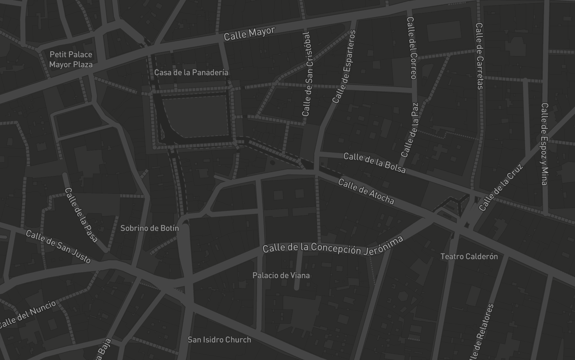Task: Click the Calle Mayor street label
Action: pyautogui.click(x=249, y=34)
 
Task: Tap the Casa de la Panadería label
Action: pyautogui.click(x=191, y=72)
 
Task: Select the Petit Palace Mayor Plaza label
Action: pyautogui.click(x=71, y=59)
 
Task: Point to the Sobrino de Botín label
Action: pyautogui.click(x=149, y=228)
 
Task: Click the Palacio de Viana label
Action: pyautogui.click(x=281, y=275)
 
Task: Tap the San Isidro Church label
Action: pyautogui.click(x=219, y=340)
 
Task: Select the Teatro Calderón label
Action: pyautogui.click(x=469, y=256)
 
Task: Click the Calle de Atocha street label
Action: pyautogui.click(x=366, y=191)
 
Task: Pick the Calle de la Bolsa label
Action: pyautogui.click(x=374, y=162)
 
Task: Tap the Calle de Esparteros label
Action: pyautogui.click(x=344, y=67)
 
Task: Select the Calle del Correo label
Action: pyautogui.click(x=412, y=48)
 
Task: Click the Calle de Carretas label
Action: pyautogui.click(x=480, y=56)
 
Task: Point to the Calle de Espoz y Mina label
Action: pyautogui.click(x=544, y=144)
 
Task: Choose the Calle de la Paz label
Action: pyautogui.click(x=410, y=130)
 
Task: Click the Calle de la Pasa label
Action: pyautogui.click(x=81, y=215)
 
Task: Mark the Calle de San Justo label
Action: pyautogui.click(x=58, y=247)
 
